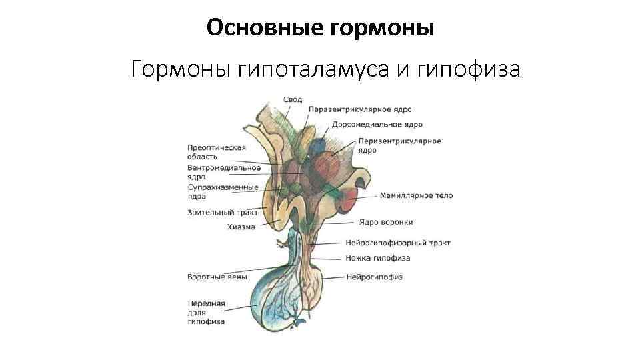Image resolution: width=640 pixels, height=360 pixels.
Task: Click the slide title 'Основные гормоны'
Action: [x=320, y=27]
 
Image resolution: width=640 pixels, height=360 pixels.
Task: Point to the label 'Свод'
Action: [x=293, y=100]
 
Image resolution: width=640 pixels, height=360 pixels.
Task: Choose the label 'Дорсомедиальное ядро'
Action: [x=377, y=125]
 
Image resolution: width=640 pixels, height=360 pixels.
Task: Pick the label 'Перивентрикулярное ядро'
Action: [x=399, y=145]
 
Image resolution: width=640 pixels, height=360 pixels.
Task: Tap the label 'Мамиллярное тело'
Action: [x=416, y=196]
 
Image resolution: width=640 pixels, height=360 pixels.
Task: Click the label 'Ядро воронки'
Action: [x=385, y=222]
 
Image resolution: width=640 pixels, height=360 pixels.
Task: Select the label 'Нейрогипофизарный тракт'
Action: [x=398, y=243]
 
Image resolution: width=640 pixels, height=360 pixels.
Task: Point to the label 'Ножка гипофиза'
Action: [x=377, y=258]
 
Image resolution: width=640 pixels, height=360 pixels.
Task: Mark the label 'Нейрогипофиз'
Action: [x=373, y=277]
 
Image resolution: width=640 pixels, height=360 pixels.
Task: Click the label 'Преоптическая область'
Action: [x=217, y=152]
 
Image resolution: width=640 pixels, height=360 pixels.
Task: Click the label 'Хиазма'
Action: [x=241, y=227]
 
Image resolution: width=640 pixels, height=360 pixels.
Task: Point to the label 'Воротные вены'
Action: [x=217, y=276]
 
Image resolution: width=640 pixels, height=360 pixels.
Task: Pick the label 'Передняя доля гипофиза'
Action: [x=206, y=312]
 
